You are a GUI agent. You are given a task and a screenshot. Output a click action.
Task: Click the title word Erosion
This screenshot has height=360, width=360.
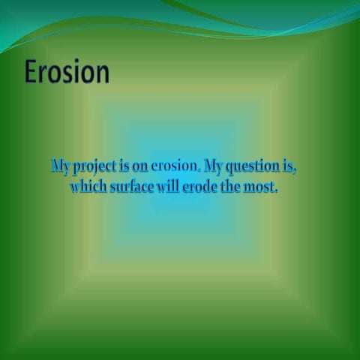67,72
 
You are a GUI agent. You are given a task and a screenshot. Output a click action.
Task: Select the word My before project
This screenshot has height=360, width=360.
61,165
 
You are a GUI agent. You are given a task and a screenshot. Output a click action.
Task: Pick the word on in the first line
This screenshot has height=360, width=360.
140,166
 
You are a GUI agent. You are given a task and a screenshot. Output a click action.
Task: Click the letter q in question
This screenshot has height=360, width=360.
233,167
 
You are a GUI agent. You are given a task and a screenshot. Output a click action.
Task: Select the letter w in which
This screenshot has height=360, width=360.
76,187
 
